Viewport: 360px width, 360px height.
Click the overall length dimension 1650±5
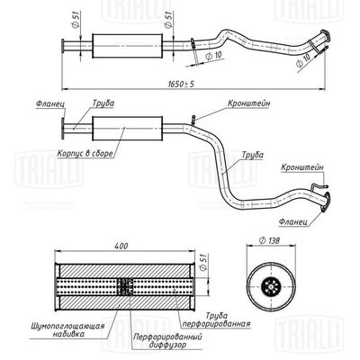pyautogui.click(x=181, y=84)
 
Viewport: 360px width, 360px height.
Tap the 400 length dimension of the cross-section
pyautogui.click(x=121, y=246)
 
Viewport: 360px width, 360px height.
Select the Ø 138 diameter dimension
pyautogui.click(x=269, y=240)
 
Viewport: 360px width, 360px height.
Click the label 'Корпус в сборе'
pyautogui.click(x=85, y=154)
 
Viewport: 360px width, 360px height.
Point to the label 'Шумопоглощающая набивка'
pyautogui.click(x=67, y=329)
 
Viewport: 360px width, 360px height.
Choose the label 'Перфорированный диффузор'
pyautogui.click(x=167, y=340)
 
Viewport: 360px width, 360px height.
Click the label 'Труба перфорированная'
pyautogui.click(x=216, y=319)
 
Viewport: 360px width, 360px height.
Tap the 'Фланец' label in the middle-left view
pyautogui.click(x=50, y=103)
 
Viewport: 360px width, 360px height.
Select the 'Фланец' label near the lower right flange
pyautogui.click(x=292, y=222)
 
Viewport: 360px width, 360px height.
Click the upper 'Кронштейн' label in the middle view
pyautogui.click(x=248, y=103)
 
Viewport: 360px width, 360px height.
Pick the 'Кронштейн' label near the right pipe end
pyautogui.click(x=302, y=167)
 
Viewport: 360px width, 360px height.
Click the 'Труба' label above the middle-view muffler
pyautogui.click(x=103, y=103)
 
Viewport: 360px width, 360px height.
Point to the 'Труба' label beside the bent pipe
pyautogui.click(x=253, y=155)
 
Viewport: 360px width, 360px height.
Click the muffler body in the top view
pyautogui.click(x=127, y=46)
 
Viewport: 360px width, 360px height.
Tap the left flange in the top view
pyautogui.click(x=63, y=46)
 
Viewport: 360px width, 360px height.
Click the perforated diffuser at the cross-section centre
pyautogui.click(x=125, y=286)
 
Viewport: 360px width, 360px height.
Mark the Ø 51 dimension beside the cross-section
pyautogui.click(x=203, y=261)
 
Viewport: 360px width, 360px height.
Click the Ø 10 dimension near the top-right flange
pyautogui.click(x=304, y=61)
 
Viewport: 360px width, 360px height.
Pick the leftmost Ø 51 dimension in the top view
pyautogui.click(x=76, y=21)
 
